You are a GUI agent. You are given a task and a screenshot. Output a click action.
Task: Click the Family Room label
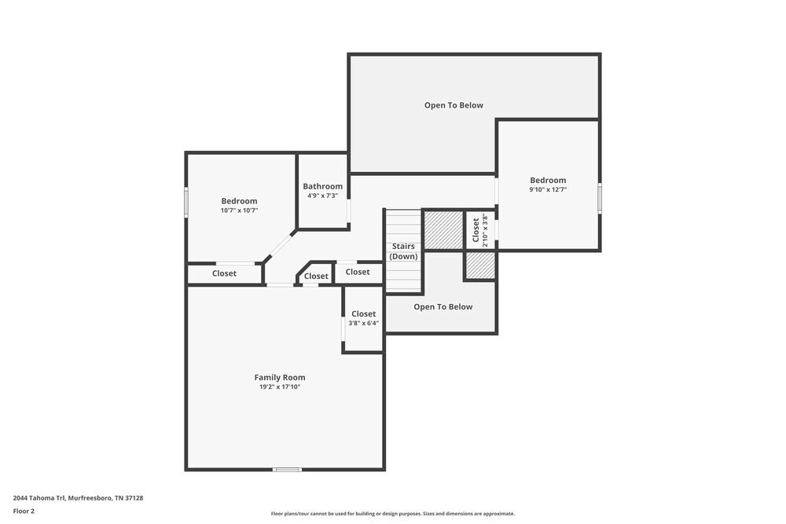[280, 378]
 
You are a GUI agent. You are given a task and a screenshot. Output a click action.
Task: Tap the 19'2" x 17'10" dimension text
[280, 387]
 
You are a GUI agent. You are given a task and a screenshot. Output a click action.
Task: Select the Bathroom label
[323, 186]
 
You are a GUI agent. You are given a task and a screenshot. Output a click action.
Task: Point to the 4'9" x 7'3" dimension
[323, 196]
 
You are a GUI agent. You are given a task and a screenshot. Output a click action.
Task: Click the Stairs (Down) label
[403, 251]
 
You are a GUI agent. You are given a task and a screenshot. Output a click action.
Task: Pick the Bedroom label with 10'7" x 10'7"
[239, 201]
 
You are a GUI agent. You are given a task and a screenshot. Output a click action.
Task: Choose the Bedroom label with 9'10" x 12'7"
[548, 181]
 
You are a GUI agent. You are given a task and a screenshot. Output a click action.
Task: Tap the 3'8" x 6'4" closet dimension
[363, 323]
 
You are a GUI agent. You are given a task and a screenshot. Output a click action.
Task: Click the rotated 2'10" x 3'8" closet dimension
[485, 230]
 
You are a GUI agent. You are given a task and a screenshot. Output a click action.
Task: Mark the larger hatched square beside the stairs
[443, 230]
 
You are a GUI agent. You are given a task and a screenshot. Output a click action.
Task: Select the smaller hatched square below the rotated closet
[481, 266]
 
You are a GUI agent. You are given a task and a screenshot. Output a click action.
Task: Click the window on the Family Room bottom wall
[287, 469]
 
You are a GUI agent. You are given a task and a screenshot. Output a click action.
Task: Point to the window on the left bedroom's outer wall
[186, 202]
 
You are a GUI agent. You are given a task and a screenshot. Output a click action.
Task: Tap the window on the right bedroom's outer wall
[600, 199]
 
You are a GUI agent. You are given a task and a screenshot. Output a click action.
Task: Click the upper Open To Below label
[454, 105]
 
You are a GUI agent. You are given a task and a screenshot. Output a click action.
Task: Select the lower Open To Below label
[443, 307]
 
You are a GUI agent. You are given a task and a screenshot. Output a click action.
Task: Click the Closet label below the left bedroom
[224, 273]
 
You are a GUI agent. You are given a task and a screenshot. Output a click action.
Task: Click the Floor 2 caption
[24, 511]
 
